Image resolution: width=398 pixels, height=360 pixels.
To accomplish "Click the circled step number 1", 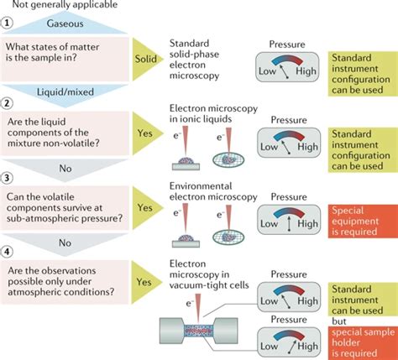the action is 7,23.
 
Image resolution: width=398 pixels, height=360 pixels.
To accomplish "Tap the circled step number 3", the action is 7,177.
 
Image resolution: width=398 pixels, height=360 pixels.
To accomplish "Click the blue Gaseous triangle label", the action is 65,24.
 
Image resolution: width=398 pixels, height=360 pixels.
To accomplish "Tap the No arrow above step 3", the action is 65,170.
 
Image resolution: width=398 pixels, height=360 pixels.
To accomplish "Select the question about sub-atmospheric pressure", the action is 65,208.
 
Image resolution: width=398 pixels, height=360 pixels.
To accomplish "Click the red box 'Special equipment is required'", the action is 363,221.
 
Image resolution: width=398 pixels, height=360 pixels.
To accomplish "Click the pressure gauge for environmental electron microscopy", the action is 289,219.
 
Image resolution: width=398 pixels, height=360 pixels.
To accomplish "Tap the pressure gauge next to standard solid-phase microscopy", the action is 287,67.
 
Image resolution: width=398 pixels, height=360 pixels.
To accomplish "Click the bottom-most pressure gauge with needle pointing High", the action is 289,342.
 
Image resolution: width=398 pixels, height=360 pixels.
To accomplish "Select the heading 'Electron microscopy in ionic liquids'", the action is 213,113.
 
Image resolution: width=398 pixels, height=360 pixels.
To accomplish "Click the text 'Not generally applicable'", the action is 65,4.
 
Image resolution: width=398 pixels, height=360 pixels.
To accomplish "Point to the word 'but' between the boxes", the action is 339,321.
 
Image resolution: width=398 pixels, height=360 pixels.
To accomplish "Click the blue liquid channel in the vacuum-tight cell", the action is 199,331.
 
